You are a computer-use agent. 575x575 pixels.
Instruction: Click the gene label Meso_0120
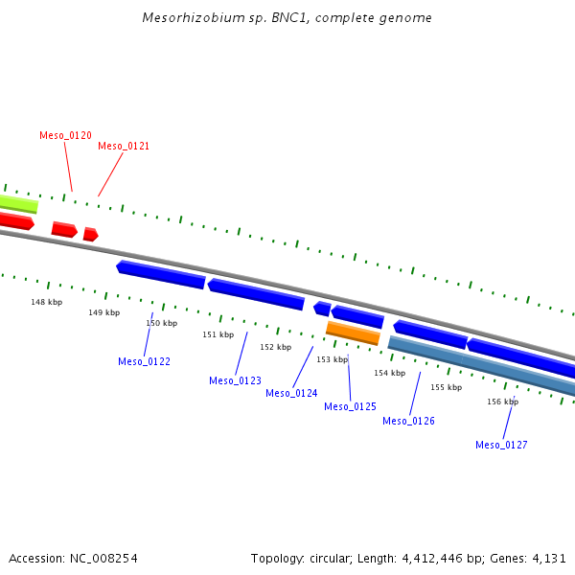tap(65, 136)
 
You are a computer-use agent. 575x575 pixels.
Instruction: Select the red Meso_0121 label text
tap(124, 147)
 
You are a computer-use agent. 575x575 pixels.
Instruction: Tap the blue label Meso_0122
tap(144, 362)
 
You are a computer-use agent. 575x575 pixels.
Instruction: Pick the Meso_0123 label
tap(235, 381)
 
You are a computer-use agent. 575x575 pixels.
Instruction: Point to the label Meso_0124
tap(291, 394)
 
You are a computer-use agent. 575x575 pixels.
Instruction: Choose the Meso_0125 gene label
tap(350, 407)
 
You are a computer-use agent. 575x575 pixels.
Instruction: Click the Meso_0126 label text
tap(408, 422)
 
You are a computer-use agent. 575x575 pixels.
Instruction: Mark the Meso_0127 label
tap(501, 446)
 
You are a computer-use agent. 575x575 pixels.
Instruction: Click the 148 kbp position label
tap(46, 303)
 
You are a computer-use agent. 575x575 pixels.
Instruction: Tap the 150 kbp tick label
tap(161, 324)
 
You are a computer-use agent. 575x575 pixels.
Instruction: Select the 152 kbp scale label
tap(275, 347)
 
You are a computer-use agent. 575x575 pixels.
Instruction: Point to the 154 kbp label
tap(389, 373)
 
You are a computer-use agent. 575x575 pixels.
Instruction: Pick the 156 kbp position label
tap(502, 402)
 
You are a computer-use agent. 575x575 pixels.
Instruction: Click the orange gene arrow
tap(353, 333)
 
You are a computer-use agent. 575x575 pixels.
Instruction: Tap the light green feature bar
tap(18, 204)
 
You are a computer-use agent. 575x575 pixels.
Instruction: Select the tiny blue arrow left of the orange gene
tap(322, 309)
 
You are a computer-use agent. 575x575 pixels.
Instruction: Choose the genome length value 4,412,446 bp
tap(422, 558)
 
